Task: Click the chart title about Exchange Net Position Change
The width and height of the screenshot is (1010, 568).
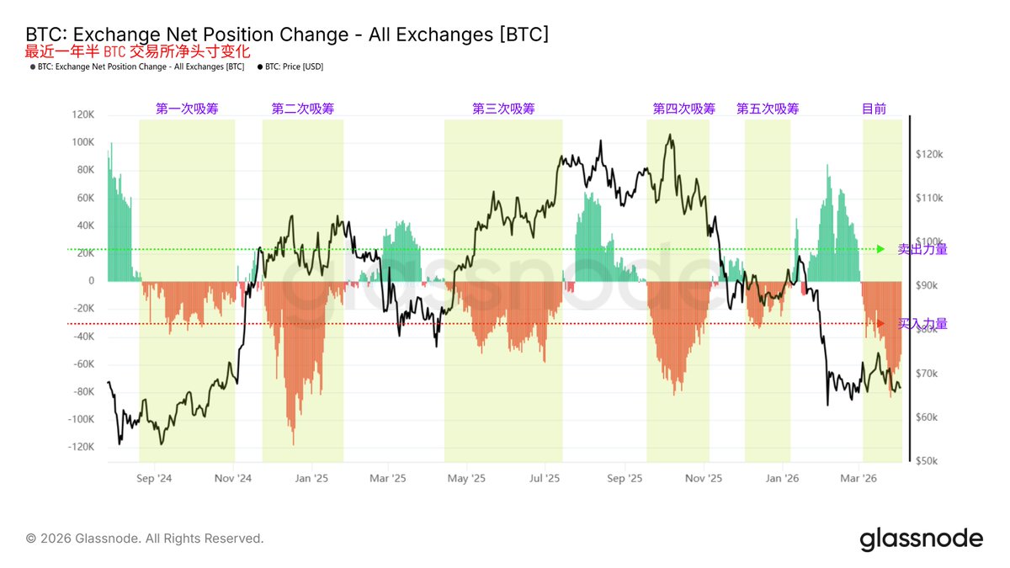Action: (x=287, y=34)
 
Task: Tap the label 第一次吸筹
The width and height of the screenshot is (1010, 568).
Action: (x=187, y=109)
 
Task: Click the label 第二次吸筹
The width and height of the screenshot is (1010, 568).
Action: (x=303, y=109)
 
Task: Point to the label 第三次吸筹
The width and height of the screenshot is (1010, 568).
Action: (x=503, y=109)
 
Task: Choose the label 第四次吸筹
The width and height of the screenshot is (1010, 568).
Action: (x=683, y=109)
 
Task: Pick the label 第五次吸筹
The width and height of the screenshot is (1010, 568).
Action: (x=768, y=109)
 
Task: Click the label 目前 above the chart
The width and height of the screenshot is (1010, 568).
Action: (x=874, y=109)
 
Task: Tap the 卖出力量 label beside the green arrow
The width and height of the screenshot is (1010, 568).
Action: (x=922, y=249)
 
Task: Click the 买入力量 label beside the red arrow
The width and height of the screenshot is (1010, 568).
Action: (x=922, y=324)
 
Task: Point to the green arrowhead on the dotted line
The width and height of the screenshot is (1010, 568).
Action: (x=880, y=249)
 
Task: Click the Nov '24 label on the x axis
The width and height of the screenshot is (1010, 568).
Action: (x=233, y=478)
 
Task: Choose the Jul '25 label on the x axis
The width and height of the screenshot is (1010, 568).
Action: (x=545, y=478)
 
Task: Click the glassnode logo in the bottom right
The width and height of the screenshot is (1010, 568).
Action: (x=921, y=539)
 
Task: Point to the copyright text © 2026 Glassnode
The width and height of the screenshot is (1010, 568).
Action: (x=145, y=538)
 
